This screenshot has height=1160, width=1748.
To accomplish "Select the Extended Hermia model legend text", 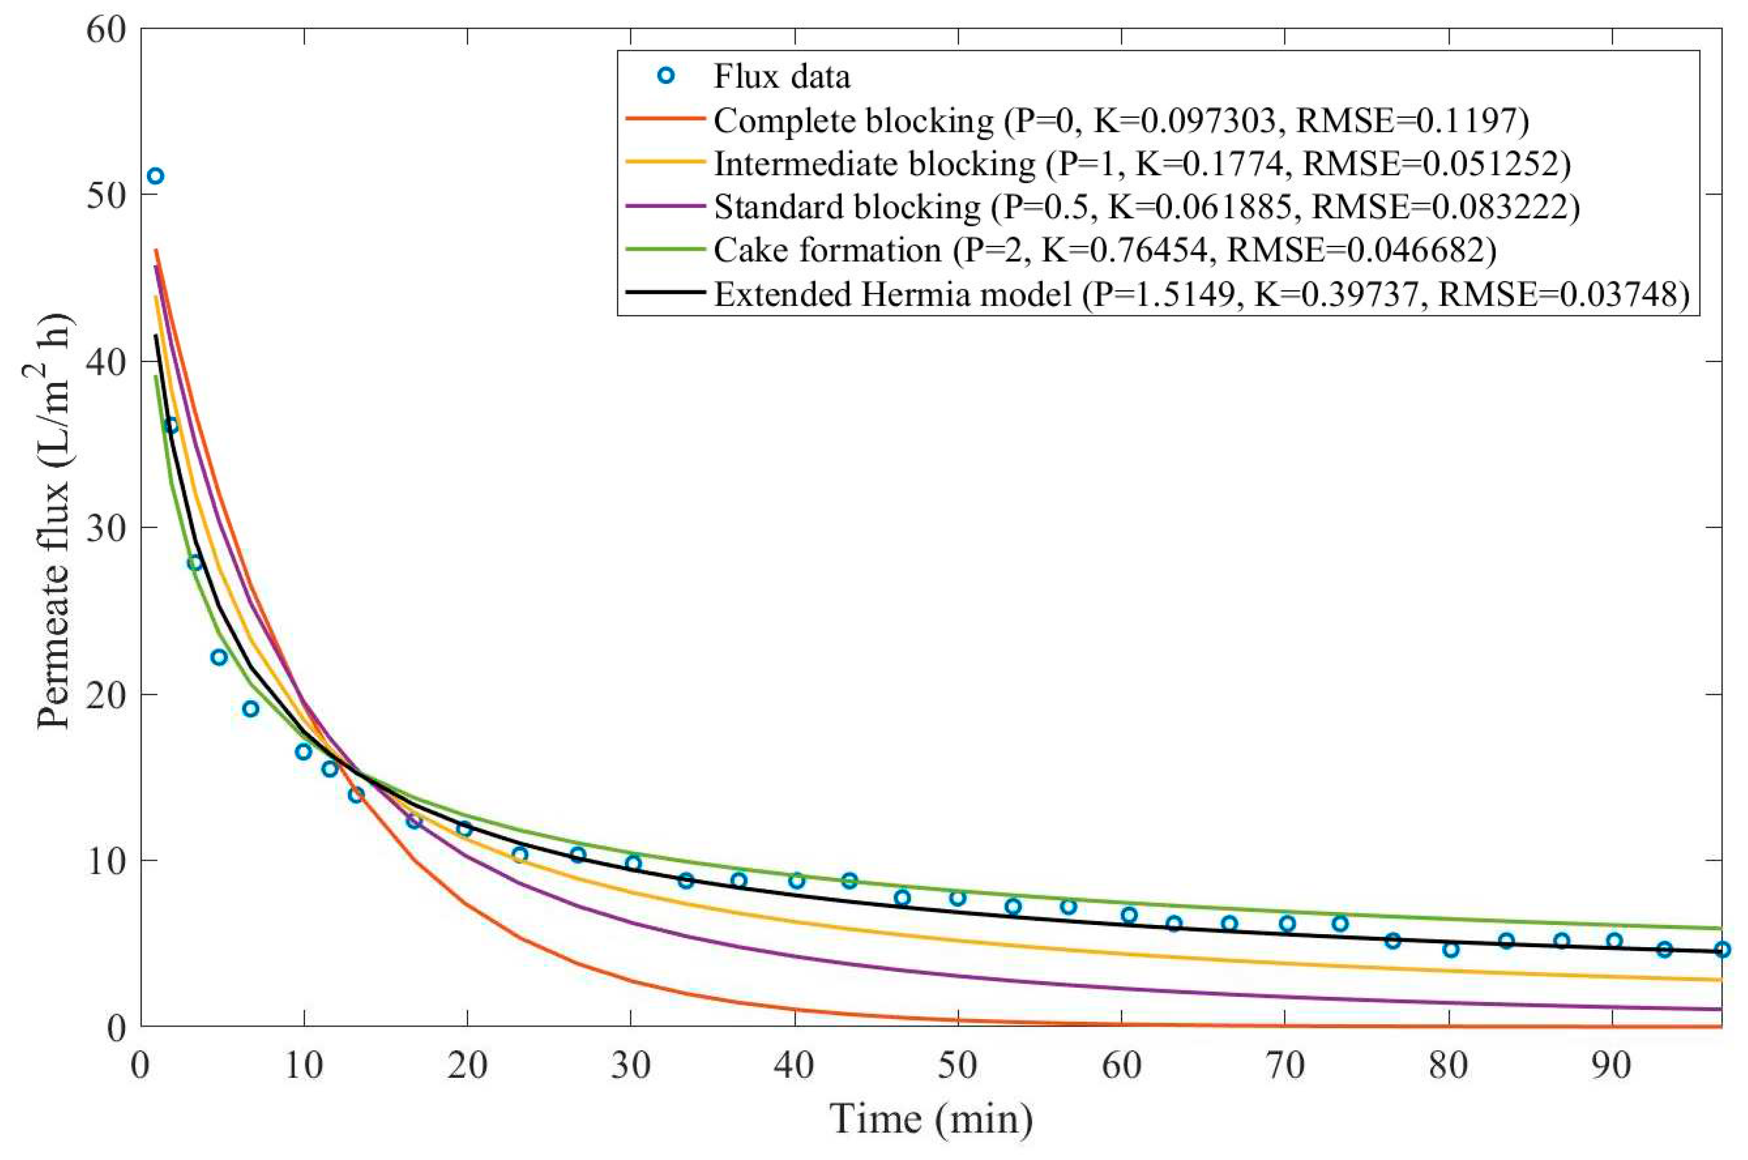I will [x=892, y=294].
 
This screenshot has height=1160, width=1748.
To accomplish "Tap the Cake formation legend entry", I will [x=826, y=251].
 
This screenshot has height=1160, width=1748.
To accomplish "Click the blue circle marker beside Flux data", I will [x=666, y=76].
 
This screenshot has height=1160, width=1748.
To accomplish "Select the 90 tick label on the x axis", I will [x=1611, y=1066].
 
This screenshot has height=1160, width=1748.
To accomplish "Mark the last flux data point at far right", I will [x=1722, y=949].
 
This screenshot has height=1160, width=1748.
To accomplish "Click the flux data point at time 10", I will [x=303, y=752].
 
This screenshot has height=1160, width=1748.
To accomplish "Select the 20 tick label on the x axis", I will [x=467, y=1066].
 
